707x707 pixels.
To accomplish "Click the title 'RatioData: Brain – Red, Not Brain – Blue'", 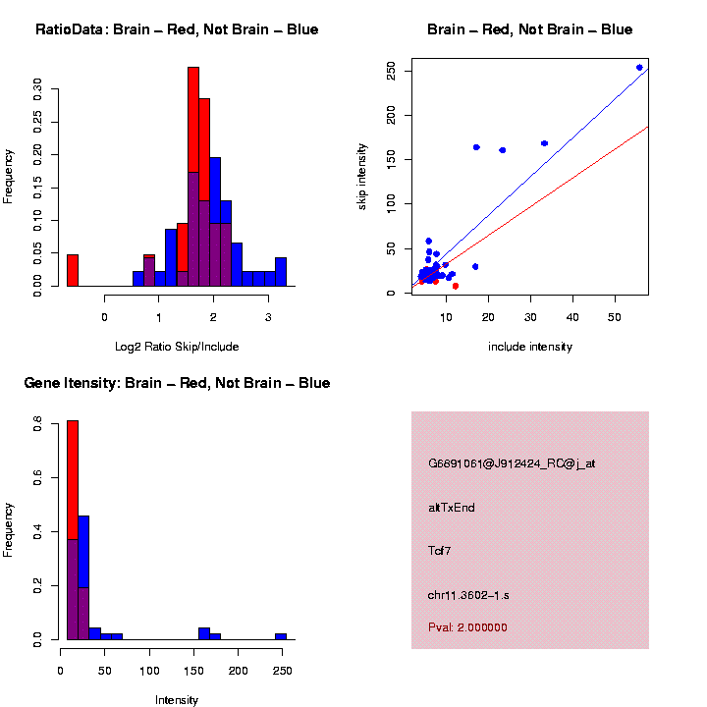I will pos(177,29).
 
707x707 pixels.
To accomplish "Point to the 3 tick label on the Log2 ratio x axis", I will pos(268,317).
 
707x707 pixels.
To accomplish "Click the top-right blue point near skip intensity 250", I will pos(639,68).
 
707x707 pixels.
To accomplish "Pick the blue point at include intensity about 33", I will pos(544,143).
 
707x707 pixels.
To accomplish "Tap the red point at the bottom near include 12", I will pos(455,286).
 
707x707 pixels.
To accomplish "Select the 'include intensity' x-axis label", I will pos(529,347).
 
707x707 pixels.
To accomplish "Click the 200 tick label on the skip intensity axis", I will pos(392,116).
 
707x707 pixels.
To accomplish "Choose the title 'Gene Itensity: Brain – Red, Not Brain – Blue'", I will pos(177,383).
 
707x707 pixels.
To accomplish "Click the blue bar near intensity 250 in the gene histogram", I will pos(281,636).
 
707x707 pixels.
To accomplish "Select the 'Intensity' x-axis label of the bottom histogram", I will pos(177,700).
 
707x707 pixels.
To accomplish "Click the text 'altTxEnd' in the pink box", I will pos(452,508).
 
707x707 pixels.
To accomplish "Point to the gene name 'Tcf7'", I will pos(439,551).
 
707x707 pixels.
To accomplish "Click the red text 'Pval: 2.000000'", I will pos(467,626).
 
